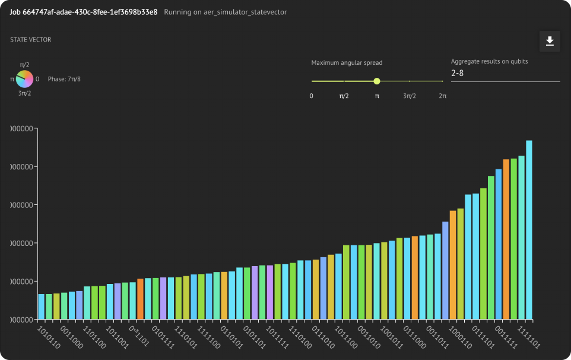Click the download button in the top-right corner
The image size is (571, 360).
[x=550, y=41]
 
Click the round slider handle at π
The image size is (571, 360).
[x=376, y=81]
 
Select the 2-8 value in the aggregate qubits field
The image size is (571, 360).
[x=458, y=73]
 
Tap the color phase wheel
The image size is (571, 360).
[x=24, y=78]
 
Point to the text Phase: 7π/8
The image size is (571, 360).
[x=64, y=78]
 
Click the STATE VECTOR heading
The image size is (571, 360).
[x=31, y=40]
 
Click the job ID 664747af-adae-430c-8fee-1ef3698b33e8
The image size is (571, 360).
[x=84, y=12]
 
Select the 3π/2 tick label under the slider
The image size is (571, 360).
[x=410, y=96]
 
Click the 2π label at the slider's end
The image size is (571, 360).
[x=443, y=96]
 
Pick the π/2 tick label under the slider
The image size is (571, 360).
[x=344, y=96]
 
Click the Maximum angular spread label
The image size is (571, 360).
[x=347, y=62]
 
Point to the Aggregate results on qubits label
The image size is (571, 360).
[x=489, y=61]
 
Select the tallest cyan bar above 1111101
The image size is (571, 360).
[x=529, y=230]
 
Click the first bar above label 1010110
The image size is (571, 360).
[x=42, y=307]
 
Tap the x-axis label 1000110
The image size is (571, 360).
[x=460, y=336]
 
